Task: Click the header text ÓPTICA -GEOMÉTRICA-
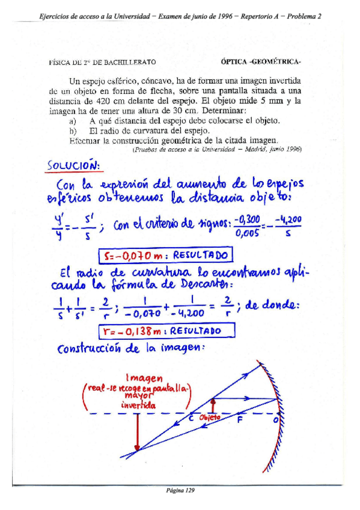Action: (261, 61)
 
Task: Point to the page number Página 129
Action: (180, 490)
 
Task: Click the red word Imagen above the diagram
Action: (143, 377)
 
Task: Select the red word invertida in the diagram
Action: (139, 405)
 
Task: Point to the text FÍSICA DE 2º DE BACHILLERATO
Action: (102, 61)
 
